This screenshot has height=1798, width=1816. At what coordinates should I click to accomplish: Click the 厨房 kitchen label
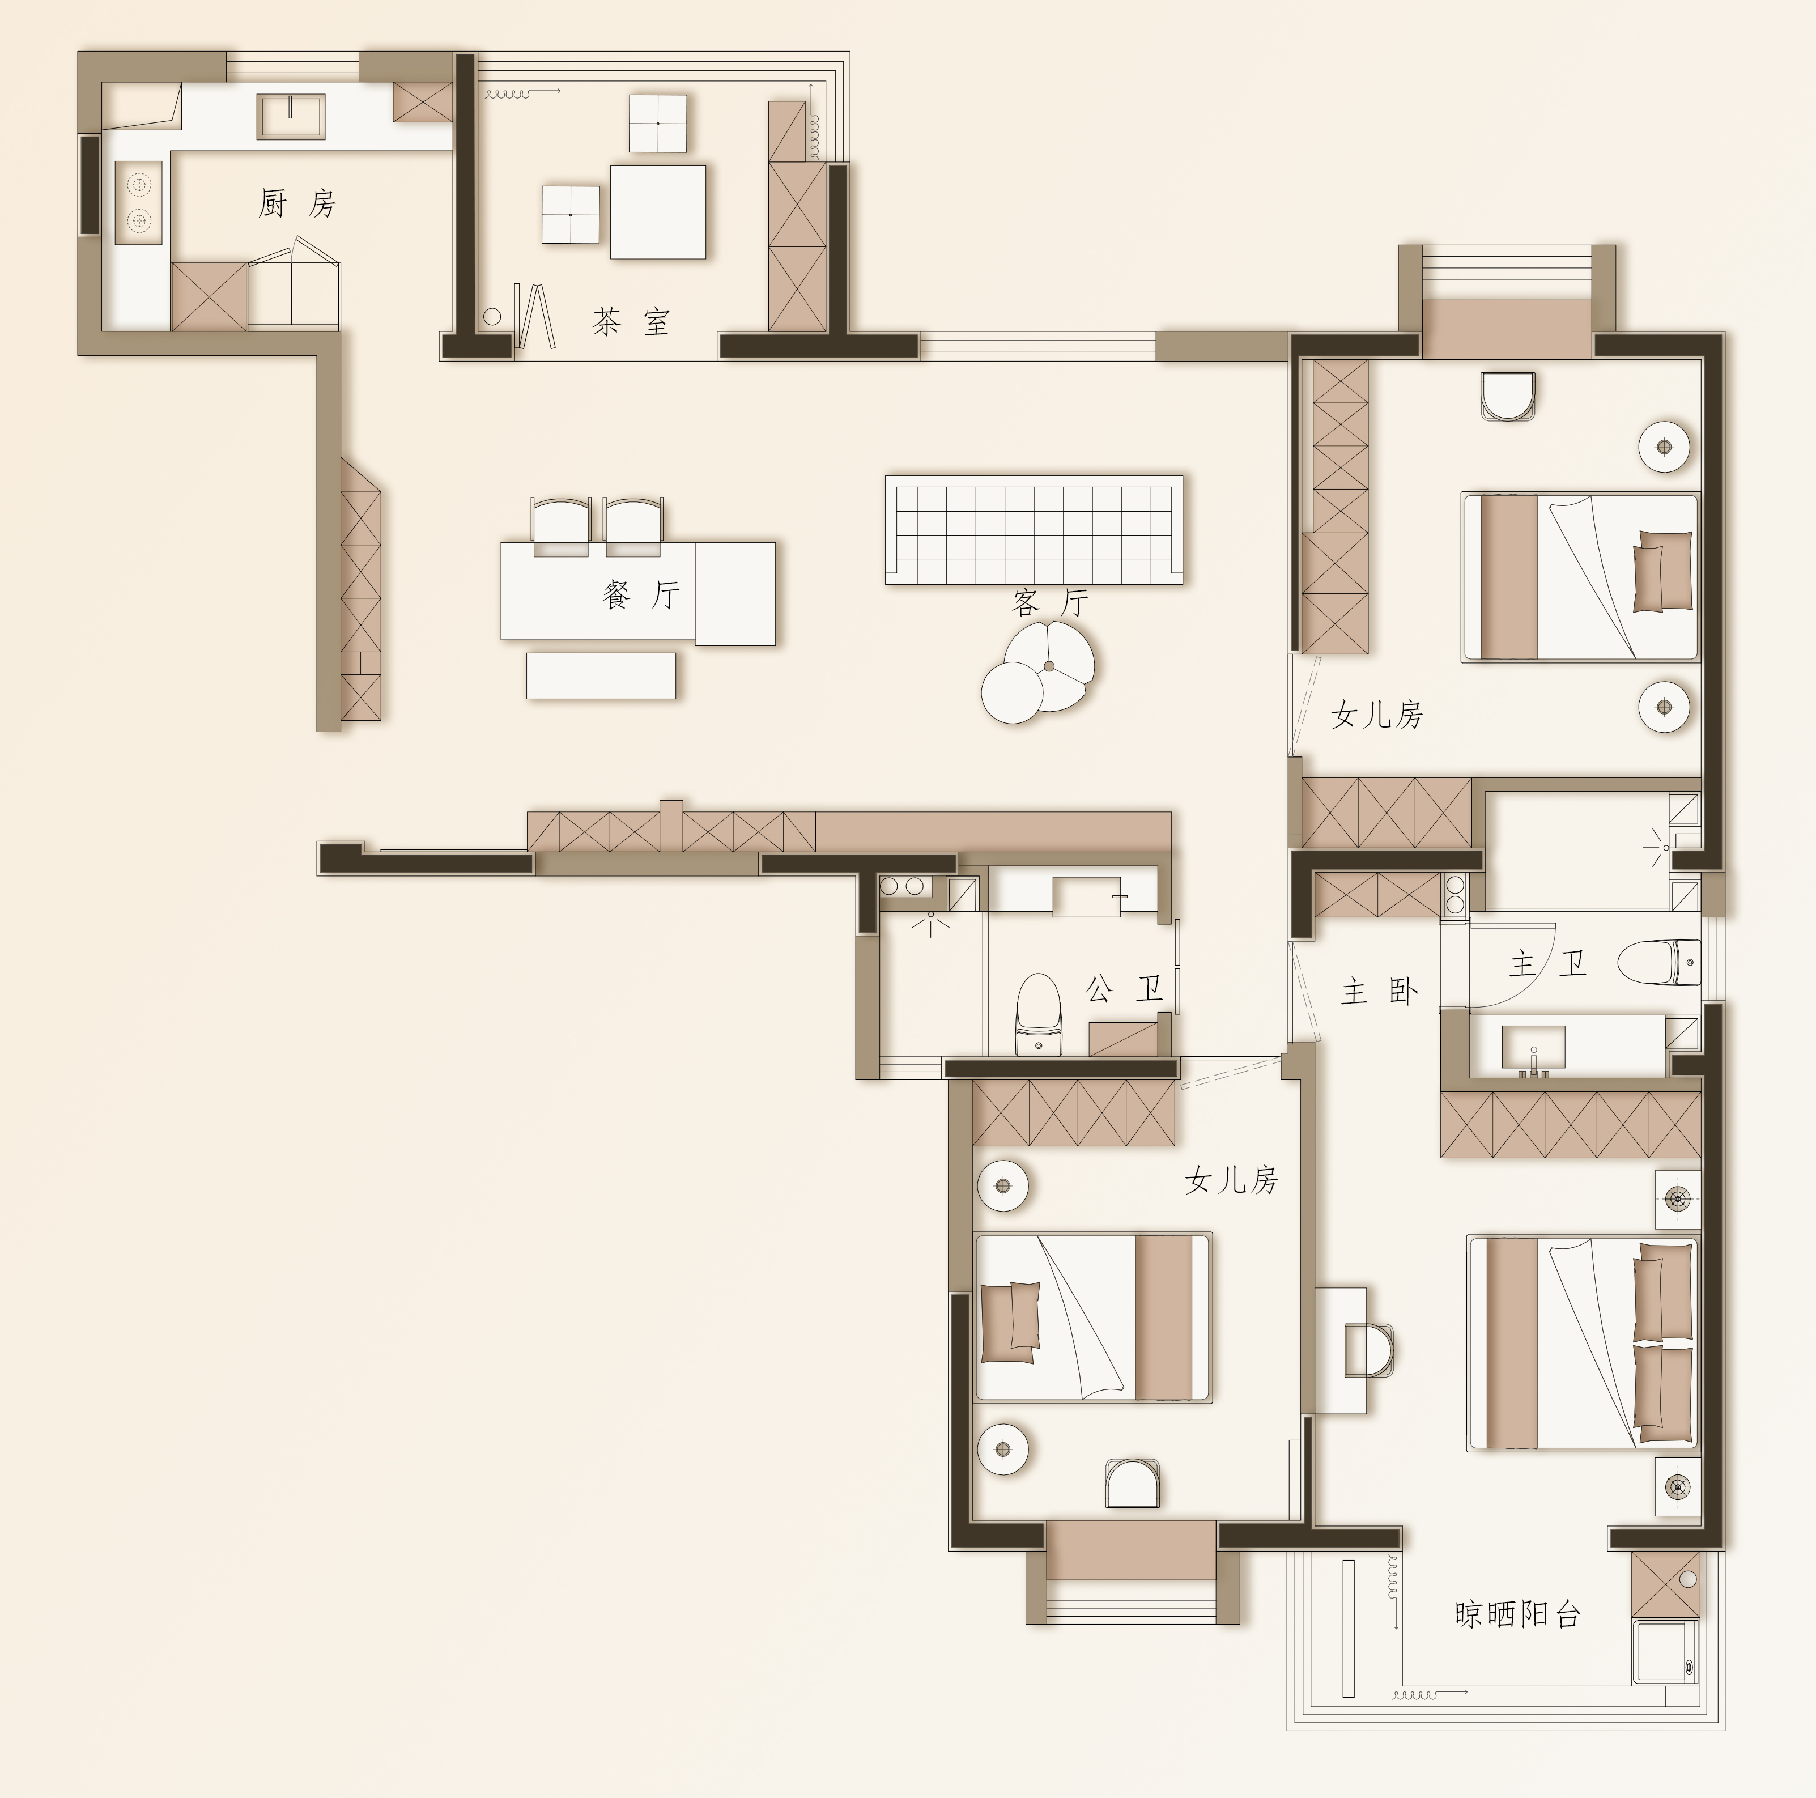(x=297, y=203)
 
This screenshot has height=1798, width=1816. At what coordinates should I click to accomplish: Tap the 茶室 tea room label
(x=631, y=322)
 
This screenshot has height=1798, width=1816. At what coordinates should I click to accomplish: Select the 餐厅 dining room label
(x=641, y=594)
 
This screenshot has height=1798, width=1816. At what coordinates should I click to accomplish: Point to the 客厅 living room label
(x=1050, y=602)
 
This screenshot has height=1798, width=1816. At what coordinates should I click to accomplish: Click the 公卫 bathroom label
(x=1124, y=988)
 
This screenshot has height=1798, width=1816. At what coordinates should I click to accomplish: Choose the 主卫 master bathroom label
(x=1548, y=963)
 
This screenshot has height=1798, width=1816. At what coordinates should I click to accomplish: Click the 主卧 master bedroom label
(x=1379, y=992)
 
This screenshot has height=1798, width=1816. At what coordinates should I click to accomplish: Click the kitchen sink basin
(x=291, y=116)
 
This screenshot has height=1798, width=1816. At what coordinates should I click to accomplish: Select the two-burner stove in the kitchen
(x=138, y=203)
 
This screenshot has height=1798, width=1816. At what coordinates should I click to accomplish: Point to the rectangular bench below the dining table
(x=601, y=676)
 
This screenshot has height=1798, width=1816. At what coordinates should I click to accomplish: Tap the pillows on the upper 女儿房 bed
(x=1662, y=571)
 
